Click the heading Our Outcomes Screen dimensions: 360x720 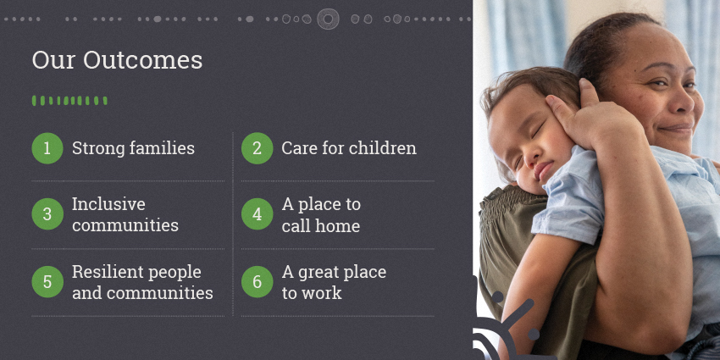117,60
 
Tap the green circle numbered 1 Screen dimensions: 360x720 47,148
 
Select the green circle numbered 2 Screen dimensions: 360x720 258,148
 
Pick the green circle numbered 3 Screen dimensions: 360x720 47,214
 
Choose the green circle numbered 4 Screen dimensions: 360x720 258,214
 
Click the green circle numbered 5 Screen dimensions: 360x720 47,282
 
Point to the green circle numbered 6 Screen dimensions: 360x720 258,282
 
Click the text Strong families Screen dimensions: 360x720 133,148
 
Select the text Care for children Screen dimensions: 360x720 349,148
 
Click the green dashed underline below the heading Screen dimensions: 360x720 69,101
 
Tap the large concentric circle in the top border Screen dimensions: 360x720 328,19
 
